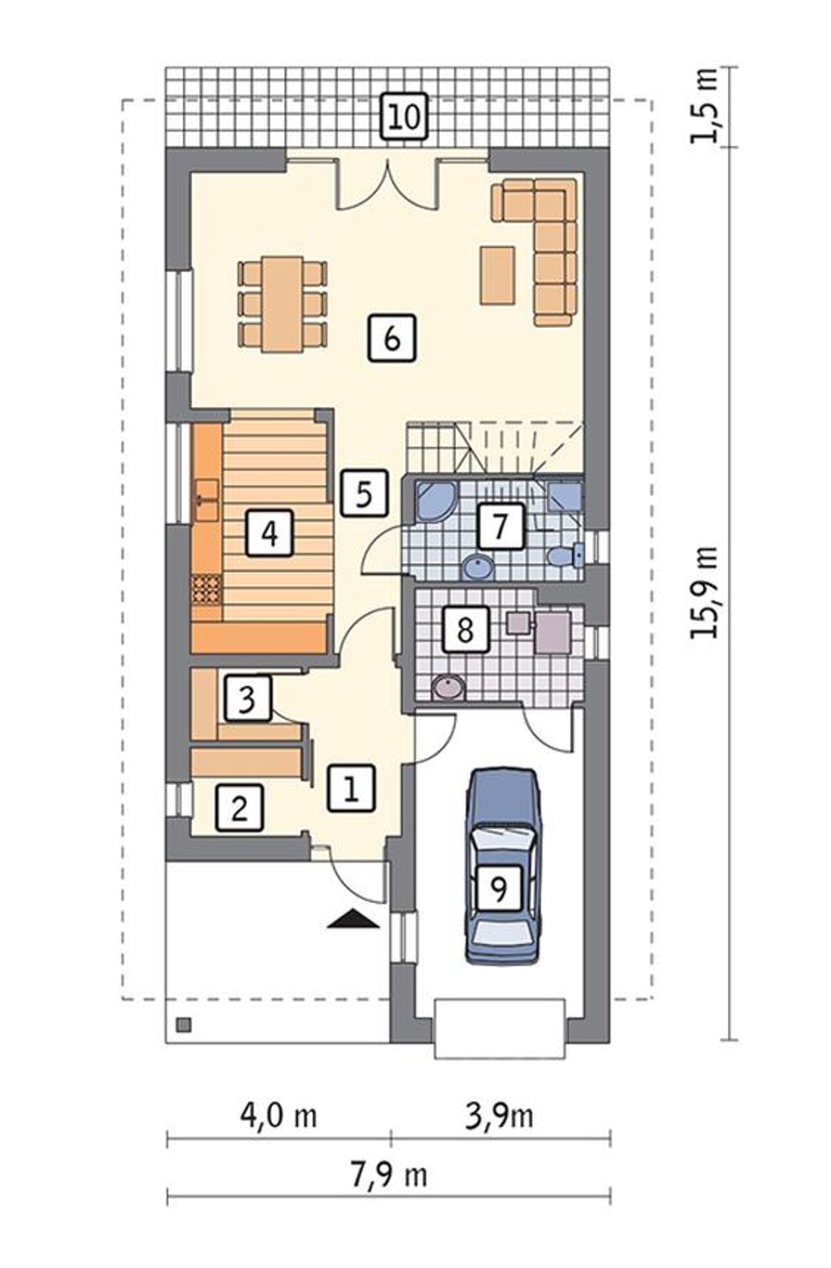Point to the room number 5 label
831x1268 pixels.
[364, 494]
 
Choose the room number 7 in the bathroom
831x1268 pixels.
[499, 526]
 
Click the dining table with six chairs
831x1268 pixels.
[282, 304]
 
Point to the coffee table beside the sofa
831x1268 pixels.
[497, 275]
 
